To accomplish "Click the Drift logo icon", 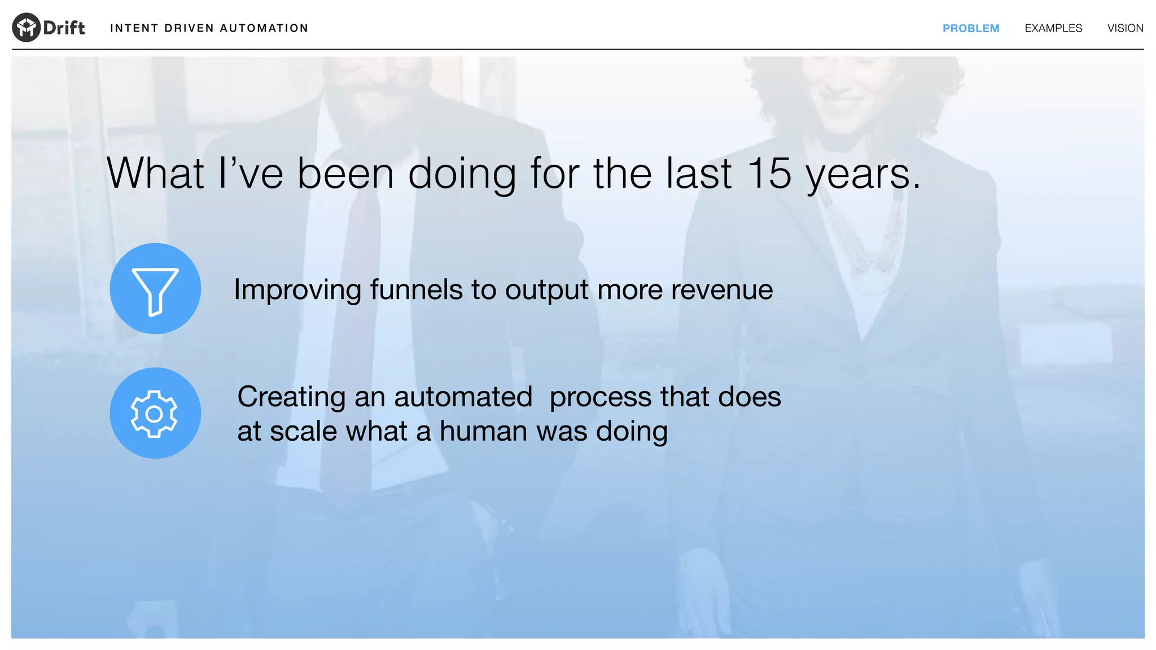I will [x=26, y=27].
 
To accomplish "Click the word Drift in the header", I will [x=64, y=28].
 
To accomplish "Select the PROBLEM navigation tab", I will [x=970, y=28].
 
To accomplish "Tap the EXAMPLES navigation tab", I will [x=1053, y=28].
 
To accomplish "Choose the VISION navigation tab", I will [x=1124, y=28].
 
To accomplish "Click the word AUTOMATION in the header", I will [x=264, y=28].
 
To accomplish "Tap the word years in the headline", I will [x=858, y=175].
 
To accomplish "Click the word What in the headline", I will [x=155, y=173].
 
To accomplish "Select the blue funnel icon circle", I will [x=155, y=288].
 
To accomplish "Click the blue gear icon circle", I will [x=155, y=413].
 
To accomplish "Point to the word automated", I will [x=463, y=397].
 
